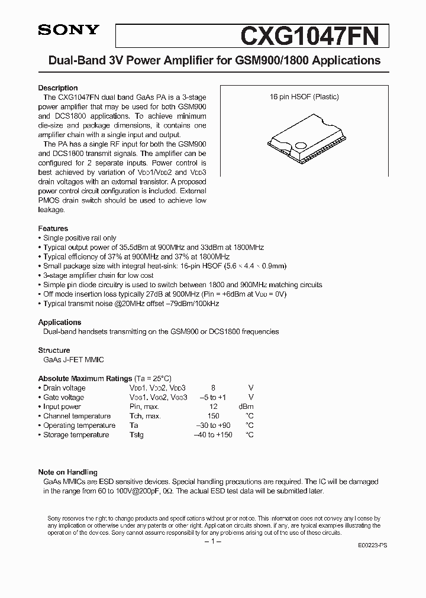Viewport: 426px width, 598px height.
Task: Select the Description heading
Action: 58,88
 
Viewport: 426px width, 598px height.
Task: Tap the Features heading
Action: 53,228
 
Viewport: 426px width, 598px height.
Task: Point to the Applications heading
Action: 60,322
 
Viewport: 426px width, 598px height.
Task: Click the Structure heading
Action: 54,350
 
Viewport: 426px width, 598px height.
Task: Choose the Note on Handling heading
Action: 68,472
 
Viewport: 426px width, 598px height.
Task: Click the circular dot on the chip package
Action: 301,146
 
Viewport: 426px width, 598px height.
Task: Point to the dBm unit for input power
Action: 246,407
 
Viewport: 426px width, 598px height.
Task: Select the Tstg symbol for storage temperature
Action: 137,435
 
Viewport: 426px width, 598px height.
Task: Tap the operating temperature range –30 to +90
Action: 212,425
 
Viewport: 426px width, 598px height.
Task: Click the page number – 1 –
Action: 212,541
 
